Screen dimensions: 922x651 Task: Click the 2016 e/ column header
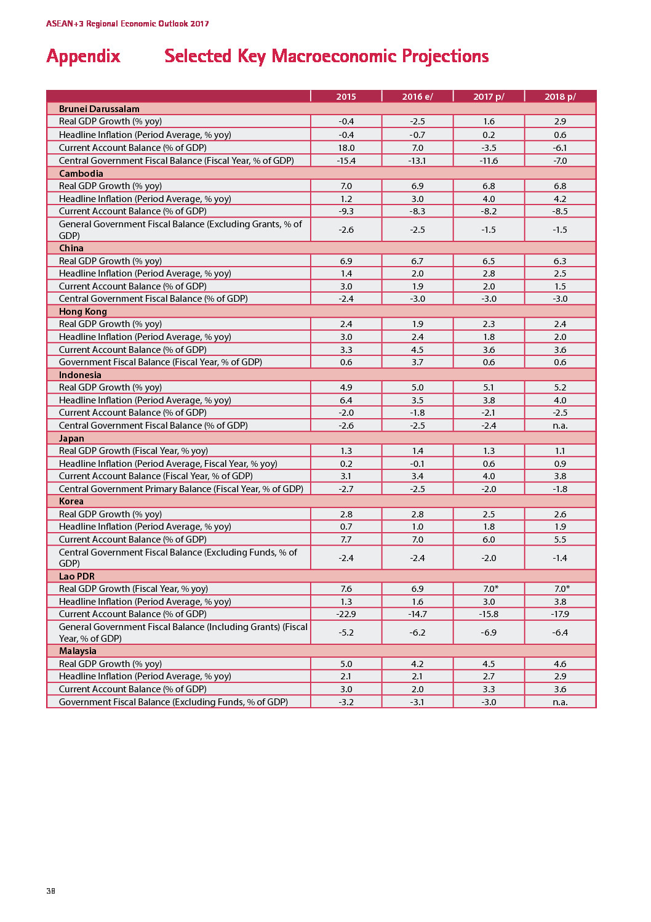[x=417, y=97]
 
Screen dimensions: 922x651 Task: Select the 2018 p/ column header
[x=560, y=97]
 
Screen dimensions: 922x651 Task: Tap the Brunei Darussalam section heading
[x=99, y=109]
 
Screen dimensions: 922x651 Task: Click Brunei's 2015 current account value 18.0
[x=346, y=148]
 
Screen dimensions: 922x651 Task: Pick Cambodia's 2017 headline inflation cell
[x=489, y=199]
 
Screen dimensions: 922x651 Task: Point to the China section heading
[x=71, y=248]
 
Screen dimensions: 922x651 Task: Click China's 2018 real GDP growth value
[x=560, y=261]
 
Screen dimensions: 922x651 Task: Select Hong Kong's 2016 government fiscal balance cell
[x=417, y=362]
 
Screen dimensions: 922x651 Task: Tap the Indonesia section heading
[x=80, y=375]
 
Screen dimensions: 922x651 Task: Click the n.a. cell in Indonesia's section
[x=560, y=426]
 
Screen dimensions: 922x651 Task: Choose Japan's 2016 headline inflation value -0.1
[x=417, y=464]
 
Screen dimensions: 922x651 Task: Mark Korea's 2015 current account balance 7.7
[x=346, y=540]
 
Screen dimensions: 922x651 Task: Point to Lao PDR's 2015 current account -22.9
[x=346, y=614]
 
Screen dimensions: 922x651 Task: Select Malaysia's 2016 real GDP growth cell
[x=417, y=664]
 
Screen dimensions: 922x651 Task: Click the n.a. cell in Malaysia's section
[x=560, y=702]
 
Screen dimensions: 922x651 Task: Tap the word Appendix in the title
[x=84, y=57]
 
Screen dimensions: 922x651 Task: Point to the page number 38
[x=50, y=891]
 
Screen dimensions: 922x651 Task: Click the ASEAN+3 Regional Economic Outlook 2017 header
[x=127, y=24]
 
